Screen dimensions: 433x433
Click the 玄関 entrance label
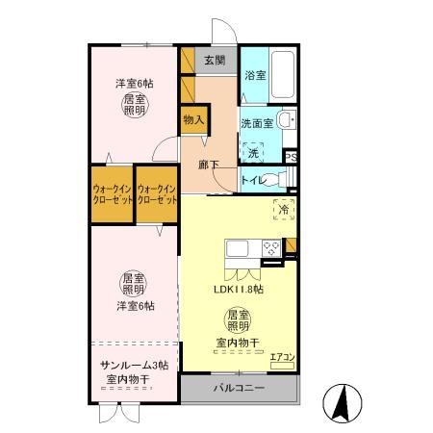213,61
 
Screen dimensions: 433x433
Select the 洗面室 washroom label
257,123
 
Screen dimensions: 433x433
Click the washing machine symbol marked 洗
253,152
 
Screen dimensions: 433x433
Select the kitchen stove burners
271,247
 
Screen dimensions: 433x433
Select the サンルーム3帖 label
135,366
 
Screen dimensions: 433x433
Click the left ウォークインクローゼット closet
112,196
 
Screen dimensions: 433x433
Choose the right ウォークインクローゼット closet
157,196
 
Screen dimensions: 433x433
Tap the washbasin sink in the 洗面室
286,120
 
